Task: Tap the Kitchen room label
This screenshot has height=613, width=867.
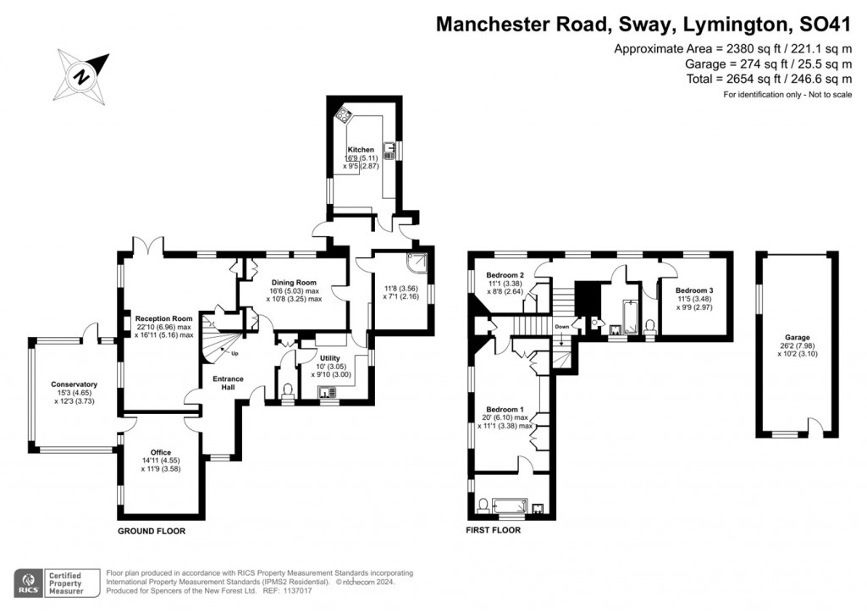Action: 361,150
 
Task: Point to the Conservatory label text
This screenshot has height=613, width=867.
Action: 74,384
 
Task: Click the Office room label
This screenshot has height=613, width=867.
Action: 161,452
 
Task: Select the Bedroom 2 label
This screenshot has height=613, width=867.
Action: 505,275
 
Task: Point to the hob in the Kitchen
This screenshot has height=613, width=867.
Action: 345,115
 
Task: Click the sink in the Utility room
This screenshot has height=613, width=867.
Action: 328,392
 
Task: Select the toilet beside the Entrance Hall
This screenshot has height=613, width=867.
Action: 288,390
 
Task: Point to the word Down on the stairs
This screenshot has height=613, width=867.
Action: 562,326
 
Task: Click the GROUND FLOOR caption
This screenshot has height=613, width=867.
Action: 151,531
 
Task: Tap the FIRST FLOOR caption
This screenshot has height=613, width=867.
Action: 494,531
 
